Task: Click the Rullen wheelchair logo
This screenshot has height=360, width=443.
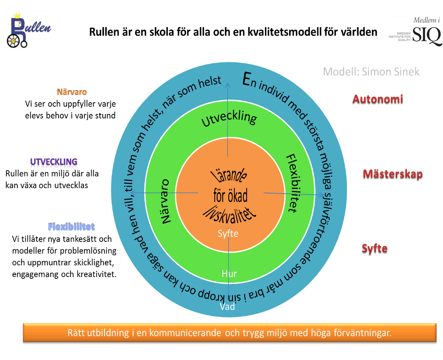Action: pos(27,31)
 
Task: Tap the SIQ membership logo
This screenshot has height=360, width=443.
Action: pos(415,31)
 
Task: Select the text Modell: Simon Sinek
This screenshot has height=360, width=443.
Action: pos(371,72)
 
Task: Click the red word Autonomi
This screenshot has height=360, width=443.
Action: pos(378,99)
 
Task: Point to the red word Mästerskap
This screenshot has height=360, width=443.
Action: pos(392,174)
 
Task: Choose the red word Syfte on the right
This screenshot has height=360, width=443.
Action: pos(375,248)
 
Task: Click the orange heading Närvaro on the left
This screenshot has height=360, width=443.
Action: pos(72,92)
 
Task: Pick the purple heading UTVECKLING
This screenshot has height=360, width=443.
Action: pos(54,163)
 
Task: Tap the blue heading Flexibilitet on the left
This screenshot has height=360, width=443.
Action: pos(71,227)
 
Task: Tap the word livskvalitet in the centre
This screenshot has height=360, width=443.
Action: pos(229,213)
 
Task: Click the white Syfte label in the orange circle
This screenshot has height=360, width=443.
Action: pos(228,233)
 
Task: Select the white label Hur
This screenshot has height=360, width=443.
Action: pos(229,274)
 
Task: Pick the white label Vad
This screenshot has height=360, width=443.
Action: pos(227,307)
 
